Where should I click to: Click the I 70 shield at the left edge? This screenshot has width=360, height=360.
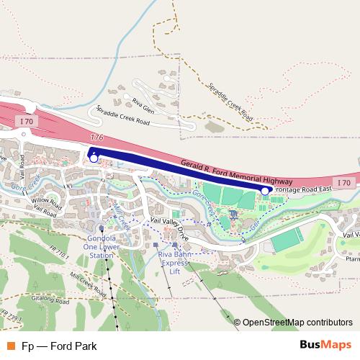tap(27, 122)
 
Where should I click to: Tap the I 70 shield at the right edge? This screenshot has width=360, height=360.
tap(343, 183)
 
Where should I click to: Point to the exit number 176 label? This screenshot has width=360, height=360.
tap(97, 137)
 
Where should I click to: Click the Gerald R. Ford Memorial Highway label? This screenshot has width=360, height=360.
tap(237, 170)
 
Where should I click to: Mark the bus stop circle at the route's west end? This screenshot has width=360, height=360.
tap(94, 158)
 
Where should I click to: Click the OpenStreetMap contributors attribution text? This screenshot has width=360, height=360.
tap(297, 322)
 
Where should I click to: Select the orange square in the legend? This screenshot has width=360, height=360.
tap(9, 346)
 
